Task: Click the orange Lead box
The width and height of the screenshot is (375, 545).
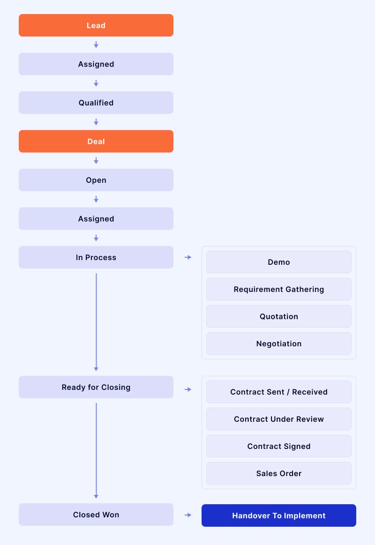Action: [96, 25]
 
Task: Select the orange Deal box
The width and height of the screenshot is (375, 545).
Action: [96, 141]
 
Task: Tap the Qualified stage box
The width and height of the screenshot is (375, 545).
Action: [96, 103]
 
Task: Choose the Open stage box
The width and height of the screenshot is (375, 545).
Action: [96, 180]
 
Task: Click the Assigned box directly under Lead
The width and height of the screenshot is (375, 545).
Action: [96, 64]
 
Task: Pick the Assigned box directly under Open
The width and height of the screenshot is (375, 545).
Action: [96, 218]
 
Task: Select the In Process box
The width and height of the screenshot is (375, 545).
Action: [96, 257]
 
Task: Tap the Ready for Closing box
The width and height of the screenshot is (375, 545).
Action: [96, 387]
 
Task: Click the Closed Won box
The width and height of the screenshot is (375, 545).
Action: [96, 515]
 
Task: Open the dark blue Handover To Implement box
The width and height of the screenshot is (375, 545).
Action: [279, 515]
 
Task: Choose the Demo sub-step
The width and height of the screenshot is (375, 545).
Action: [279, 262]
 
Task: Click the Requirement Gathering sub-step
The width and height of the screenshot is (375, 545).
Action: [279, 289]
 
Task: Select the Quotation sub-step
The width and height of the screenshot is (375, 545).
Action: [279, 316]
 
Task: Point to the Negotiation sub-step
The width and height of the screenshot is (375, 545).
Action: [279, 343]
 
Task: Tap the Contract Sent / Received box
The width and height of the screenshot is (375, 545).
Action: [279, 392]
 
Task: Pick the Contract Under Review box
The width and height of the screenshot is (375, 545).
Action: [279, 419]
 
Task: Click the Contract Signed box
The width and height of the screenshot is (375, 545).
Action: [279, 446]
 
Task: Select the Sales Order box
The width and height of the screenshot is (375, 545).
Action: [279, 473]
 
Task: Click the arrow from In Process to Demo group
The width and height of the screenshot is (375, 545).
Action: [188, 257]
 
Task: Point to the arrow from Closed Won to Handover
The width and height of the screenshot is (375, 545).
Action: [188, 515]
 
